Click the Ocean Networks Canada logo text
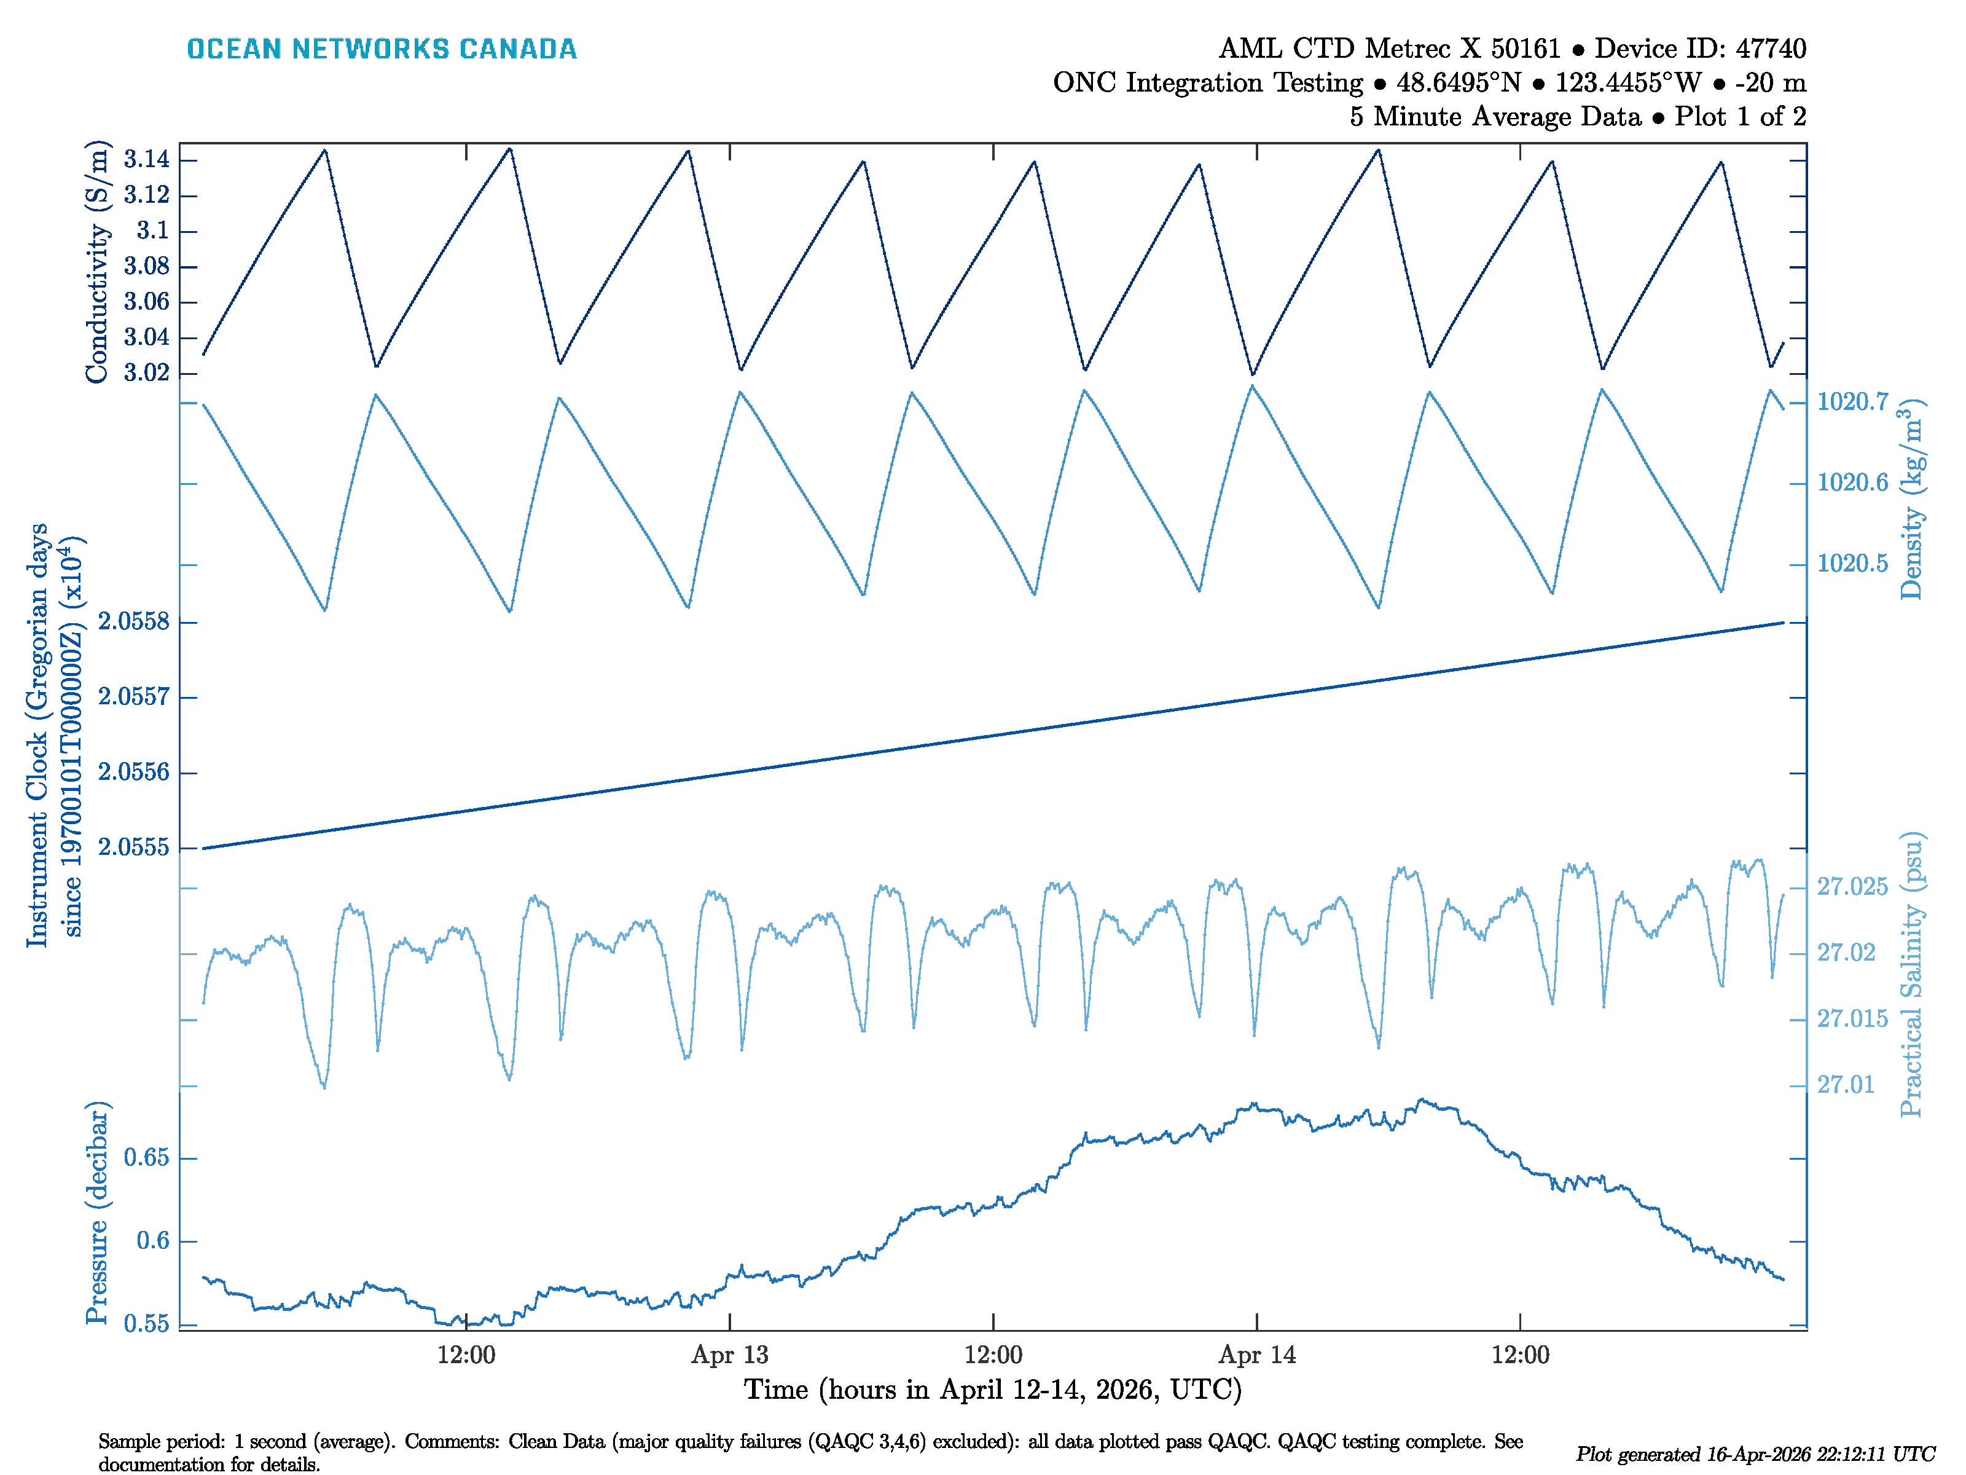click(382, 49)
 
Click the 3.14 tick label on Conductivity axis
click(147, 160)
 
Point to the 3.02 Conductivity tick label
click(147, 372)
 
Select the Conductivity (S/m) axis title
click(97, 262)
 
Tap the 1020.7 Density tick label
click(1852, 402)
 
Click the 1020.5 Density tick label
click(1852, 564)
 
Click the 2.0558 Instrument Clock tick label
click(133, 621)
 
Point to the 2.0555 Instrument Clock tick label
click(133, 848)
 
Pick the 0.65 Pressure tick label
click(147, 1158)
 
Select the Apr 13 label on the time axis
click(730, 1355)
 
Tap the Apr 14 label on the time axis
click(1257, 1355)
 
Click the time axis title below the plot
click(993, 1390)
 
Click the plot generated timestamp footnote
click(1755, 1455)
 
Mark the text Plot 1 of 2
click(1741, 117)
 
